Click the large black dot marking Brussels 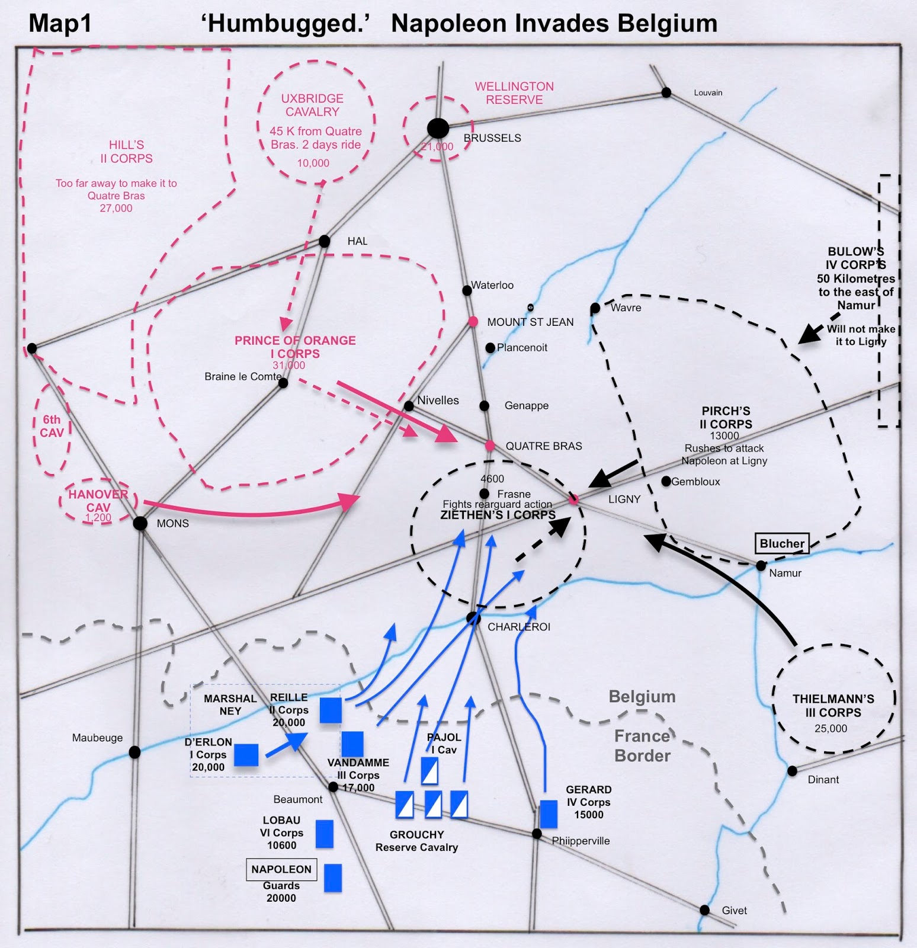(438, 128)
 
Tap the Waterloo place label (492, 286)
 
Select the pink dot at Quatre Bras (490, 446)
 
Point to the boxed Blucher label (782, 543)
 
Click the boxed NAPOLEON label (281, 869)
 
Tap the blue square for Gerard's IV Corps (549, 814)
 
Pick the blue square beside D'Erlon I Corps (246, 755)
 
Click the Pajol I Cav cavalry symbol (429, 771)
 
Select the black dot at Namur (761, 566)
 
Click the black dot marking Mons (140, 523)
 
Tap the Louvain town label (708, 93)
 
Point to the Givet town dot (704, 910)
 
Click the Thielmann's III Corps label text (833, 706)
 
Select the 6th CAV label (52, 427)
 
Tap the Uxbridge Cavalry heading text (312, 105)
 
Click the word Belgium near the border (642, 697)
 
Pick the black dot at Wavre (595, 308)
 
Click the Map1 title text (60, 24)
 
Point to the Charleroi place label (519, 627)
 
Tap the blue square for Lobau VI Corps (324, 834)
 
